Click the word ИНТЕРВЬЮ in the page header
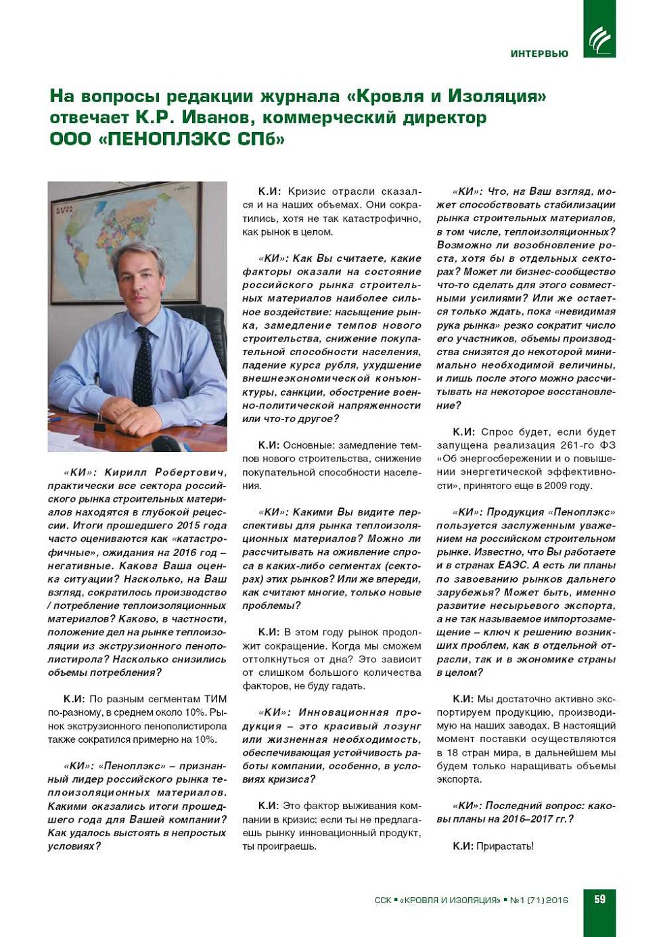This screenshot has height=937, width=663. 539,53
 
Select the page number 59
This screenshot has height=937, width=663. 599,899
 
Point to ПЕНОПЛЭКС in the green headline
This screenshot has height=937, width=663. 166,139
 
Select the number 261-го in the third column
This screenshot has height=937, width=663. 578,445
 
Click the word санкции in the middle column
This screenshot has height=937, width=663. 289,392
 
